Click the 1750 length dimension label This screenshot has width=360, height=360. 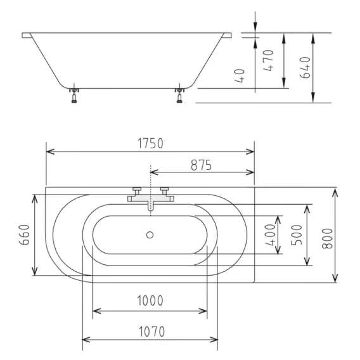pyautogui.click(x=150, y=143)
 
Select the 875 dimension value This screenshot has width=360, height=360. pyautogui.click(x=201, y=165)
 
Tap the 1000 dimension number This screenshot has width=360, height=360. pyautogui.click(x=150, y=300)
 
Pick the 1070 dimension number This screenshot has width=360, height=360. pyautogui.click(x=151, y=331)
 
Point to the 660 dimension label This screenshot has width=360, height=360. pyautogui.click(x=24, y=235)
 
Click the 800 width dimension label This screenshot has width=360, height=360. pyautogui.click(x=327, y=238)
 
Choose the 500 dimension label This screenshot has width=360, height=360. pyautogui.click(x=297, y=235)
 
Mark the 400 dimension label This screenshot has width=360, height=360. pyautogui.click(x=270, y=235)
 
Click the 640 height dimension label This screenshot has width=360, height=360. pyautogui.click(x=305, y=67)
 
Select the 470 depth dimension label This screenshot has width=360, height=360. pyautogui.click(x=268, y=60)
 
